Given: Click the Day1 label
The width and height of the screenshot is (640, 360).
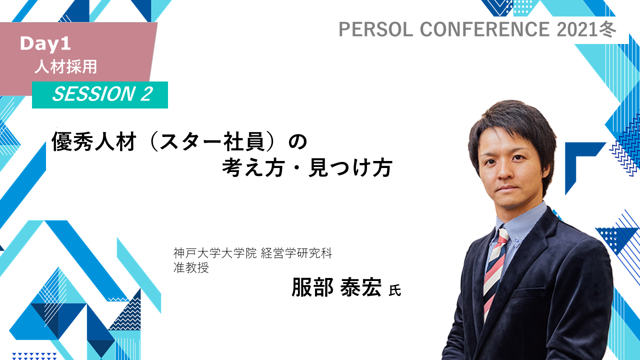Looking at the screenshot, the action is [45, 44].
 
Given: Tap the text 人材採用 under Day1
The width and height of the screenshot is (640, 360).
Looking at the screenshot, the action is [65, 67].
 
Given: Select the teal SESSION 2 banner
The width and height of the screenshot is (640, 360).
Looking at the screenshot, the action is [99, 95].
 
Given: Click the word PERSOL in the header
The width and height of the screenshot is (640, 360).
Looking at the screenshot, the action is [375, 29].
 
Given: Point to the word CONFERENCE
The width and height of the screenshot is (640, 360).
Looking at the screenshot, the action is [484, 29].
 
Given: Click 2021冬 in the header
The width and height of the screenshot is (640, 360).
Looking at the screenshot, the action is [586, 29].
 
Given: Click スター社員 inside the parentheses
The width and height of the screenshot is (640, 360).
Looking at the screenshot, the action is [211, 141].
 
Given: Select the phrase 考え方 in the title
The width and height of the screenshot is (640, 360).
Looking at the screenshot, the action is [253, 168].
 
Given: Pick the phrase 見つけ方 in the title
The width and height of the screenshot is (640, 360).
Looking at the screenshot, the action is [350, 168].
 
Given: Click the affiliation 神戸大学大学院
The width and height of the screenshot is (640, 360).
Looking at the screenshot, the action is [215, 253].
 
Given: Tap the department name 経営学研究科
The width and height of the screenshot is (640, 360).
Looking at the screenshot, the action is [296, 253].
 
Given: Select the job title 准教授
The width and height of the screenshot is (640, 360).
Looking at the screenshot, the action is [191, 267].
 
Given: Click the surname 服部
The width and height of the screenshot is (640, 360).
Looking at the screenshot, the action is [312, 287].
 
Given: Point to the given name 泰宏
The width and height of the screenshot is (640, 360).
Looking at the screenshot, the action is [361, 287].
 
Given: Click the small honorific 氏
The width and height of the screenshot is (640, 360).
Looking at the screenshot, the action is [395, 290].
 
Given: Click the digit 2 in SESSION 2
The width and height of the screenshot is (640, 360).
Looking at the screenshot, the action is [146, 94].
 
